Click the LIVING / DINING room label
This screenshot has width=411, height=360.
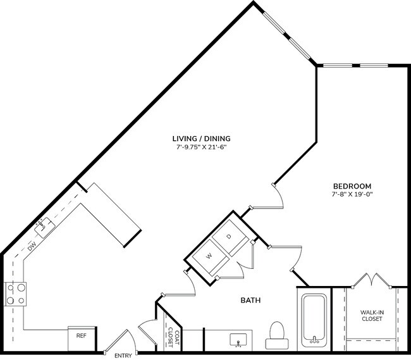click(x=202, y=138)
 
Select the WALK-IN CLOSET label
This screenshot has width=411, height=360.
click(x=371, y=315)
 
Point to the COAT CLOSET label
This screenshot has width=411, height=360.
click(x=171, y=338)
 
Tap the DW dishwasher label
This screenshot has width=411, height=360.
click(x=32, y=247)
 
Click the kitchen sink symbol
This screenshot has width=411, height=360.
click(x=44, y=226)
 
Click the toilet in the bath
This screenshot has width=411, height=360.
click(x=277, y=335)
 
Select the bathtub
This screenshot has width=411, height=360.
click(x=313, y=320)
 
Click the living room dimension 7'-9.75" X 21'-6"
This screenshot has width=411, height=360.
click(x=201, y=147)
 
